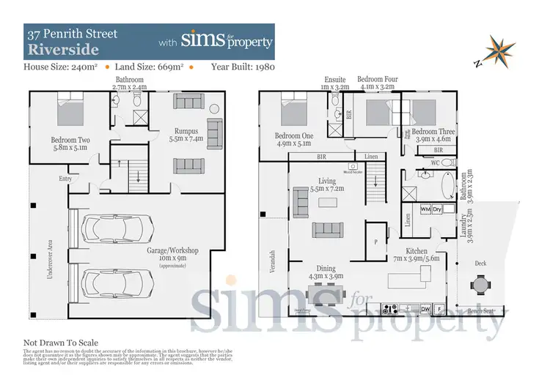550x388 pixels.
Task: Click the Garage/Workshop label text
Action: click(175, 252)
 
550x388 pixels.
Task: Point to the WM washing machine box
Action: click(425, 209)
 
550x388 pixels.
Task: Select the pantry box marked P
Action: click(376, 242)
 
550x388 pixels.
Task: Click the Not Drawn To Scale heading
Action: click(61, 343)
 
